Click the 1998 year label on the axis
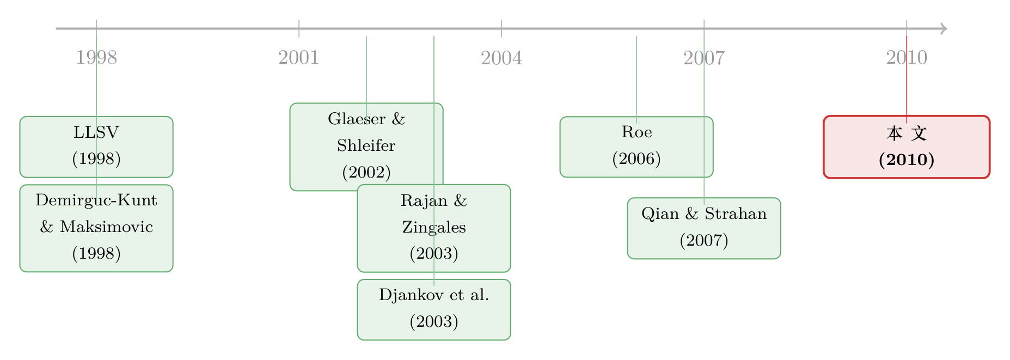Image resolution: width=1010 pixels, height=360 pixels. tap(96, 58)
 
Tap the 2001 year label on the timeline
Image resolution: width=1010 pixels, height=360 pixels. tap(299, 58)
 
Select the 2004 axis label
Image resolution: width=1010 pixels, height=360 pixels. tap(501, 58)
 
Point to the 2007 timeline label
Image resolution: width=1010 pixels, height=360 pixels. tap(704, 58)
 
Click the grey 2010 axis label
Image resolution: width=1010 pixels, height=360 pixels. tap(907, 58)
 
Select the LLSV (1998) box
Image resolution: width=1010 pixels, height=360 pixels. tap(96, 147)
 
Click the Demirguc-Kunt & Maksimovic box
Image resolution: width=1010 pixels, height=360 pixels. tap(96, 228)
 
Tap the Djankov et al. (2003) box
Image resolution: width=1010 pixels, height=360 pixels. tap(434, 309)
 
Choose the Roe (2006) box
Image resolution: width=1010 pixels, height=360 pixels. tap(636, 147)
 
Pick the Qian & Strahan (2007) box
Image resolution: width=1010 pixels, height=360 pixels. tap(704, 228)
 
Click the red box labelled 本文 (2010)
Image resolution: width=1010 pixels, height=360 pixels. tap(907, 147)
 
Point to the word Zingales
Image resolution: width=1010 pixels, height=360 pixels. tap(434, 227)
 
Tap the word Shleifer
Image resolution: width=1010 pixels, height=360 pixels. tap(366, 145)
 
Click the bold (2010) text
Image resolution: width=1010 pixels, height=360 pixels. tap(907, 160)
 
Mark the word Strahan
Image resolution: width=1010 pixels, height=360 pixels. tap(736, 213)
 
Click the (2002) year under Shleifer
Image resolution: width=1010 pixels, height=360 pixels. tap(366, 173)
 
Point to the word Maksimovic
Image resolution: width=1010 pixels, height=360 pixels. tap(106, 227)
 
